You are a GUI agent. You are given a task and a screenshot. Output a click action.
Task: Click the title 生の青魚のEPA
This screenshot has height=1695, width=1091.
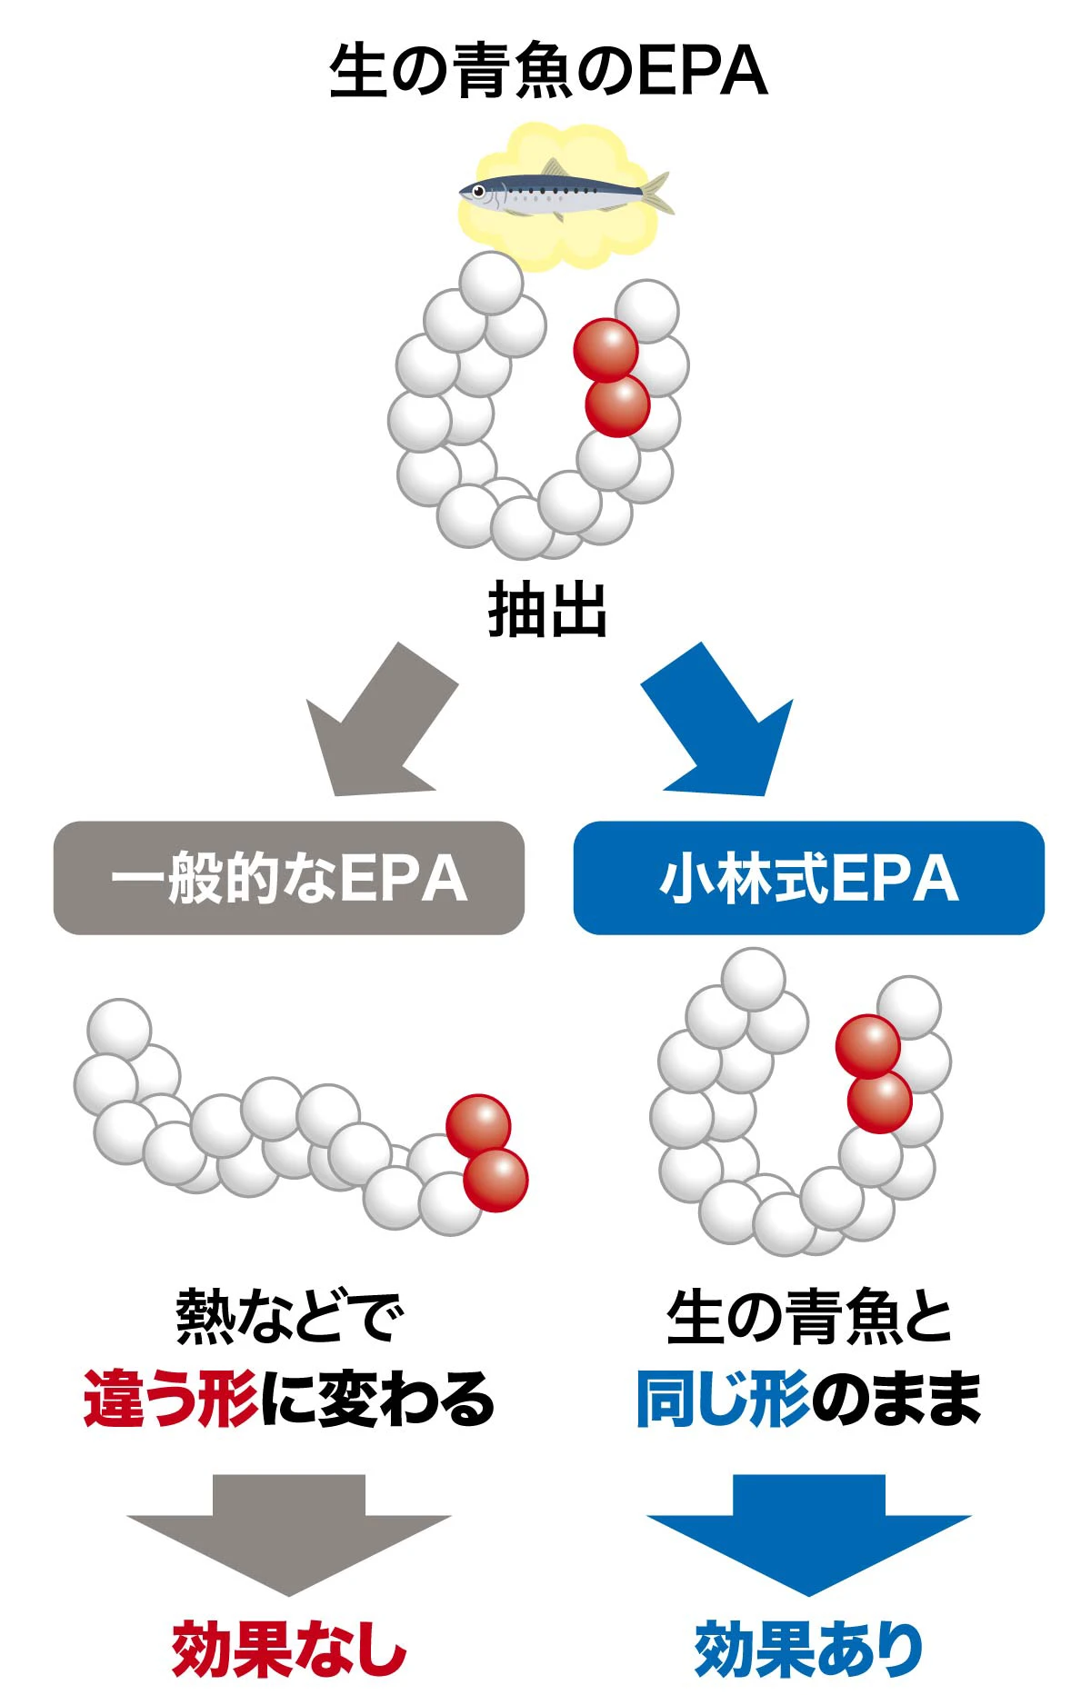548,71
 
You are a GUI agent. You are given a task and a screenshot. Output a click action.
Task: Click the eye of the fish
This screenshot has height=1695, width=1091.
478,191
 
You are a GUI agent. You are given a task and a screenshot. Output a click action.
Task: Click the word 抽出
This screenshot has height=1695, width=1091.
547,610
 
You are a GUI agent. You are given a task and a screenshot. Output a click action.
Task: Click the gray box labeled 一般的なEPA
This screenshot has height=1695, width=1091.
289,878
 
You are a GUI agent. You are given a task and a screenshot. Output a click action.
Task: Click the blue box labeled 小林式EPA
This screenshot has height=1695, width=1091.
808,878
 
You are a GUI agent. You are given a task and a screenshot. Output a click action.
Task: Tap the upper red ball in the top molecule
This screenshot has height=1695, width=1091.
606,350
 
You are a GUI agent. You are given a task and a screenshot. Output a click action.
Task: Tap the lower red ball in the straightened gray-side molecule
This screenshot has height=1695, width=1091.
495,1180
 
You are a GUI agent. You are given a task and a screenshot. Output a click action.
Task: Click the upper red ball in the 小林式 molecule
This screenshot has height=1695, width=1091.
867,1046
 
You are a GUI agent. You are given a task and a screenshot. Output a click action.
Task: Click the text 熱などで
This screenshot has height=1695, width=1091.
289,1318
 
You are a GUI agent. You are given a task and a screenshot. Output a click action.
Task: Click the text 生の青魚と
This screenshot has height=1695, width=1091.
808,1318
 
